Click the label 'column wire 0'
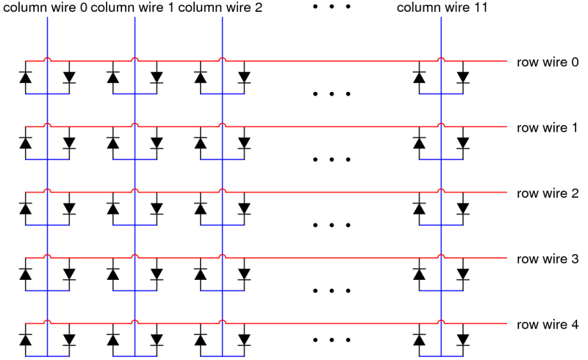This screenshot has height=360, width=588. pos(45,7)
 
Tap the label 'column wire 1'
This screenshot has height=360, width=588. pos(132,7)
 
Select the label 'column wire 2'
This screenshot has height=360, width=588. pos(220,7)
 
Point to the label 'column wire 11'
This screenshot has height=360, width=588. pos(442,7)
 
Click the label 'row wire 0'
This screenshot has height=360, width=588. pos(548,62)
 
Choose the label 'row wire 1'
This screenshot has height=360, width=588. pos(547,128)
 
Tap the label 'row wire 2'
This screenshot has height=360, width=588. pos(548,193)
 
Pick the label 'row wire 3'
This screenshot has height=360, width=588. pos(548,259)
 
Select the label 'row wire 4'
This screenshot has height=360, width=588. pos(548,325)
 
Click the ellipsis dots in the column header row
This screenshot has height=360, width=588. pos(331,7)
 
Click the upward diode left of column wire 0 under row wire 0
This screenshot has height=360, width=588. pos(26,77)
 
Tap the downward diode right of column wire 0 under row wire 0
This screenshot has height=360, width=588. pos(69,77)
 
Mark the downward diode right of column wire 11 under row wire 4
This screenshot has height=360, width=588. pos(463,339)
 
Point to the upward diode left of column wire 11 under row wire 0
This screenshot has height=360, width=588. pos(419,77)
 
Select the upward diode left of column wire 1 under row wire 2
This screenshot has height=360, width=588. pos(113,209)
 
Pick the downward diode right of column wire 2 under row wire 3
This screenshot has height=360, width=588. pos(245,274)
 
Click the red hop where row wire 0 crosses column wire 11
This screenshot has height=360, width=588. pos(441,59)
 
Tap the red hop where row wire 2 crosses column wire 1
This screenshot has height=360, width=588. pos(135,190)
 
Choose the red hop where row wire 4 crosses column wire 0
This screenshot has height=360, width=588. pos(47,321)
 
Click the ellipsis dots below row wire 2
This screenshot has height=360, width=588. pos(331,225)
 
